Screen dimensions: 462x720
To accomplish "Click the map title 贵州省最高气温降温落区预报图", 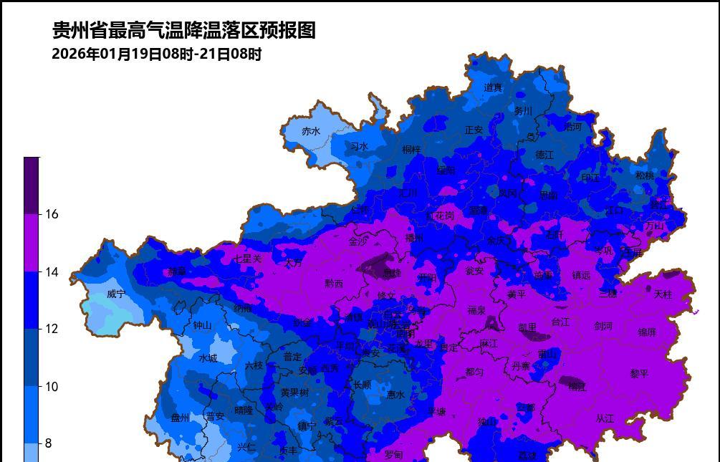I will pyautogui.click(x=183, y=30).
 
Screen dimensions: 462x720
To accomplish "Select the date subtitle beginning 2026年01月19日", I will pyautogui.click(x=157, y=54).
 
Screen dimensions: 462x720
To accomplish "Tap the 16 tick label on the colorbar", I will pyautogui.click(x=52, y=214).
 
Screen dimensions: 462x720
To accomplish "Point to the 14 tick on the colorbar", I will pyautogui.click(x=52, y=271).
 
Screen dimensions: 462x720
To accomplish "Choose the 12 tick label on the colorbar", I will pyautogui.click(x=52, y=329).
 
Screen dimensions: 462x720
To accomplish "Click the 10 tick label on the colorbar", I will pyautogui.click(x=52, y=386).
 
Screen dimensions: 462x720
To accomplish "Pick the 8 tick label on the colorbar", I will pyautogui.click(x=49, y=443).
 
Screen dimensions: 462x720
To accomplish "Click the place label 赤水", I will pyautogui.click(x=311, y=131).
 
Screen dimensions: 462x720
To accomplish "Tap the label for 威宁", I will pyautogui.click(x=116, y=294).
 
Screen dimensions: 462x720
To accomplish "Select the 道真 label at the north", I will pyautogui.click(x=494, y=87).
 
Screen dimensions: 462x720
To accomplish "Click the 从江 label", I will pyautogui.click(x=605, y=418).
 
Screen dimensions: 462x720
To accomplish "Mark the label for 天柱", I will pyautogui.click(x=663, y=294).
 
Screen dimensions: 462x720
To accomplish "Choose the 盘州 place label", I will pyautogui.click(x=181, y=418).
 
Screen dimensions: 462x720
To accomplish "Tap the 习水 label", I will pyautogui.click(x=359, y=147).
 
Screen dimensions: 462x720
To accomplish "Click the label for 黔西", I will pyautogui.click(x=334, y=284).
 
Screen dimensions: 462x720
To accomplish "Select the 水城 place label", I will pyautogui.click(x=208, y=358).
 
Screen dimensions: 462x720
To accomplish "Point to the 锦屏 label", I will pyautogui.click(x=647, y=332).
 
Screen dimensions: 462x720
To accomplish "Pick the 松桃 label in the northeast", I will pyautogui.click(x=645, y=175).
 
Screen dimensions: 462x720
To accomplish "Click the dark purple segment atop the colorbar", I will pyautogui.click(x=32, y=185).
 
